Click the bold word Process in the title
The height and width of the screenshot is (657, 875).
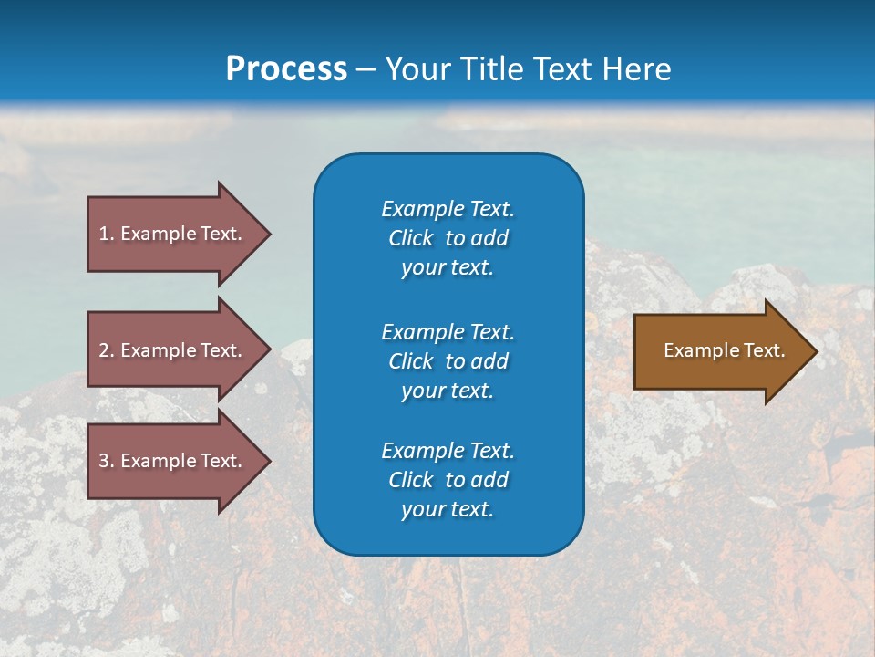click(x=286, y=68)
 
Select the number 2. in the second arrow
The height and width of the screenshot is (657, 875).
click(x=107, y=350)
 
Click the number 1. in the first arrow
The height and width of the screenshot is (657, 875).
click(x=107, y=234)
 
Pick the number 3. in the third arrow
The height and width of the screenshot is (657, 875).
click(x=107, y=461)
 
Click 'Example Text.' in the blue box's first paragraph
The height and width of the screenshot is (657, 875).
click(x=448, y=209)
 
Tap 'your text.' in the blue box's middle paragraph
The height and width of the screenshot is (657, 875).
click(x=448, y=391)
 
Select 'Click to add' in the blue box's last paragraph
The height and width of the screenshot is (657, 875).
click(x=448, y=480)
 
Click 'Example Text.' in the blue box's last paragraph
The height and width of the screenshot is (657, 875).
click(x=448, y=451)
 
